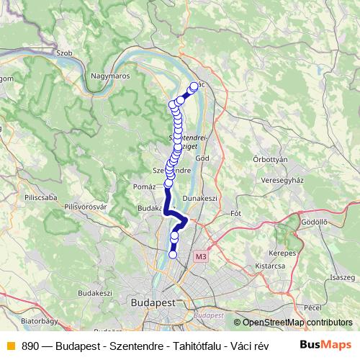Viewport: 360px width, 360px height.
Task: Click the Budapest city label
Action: (152, 304)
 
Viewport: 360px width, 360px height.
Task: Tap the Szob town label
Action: (64, 53)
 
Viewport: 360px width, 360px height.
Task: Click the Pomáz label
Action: (145, 186)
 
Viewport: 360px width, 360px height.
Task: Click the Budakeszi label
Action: (95, 293)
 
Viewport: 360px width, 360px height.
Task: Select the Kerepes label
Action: (283, 253)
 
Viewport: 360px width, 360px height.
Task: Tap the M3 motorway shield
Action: (200, 256)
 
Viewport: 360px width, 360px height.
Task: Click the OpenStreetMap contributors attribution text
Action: (297, 323)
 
